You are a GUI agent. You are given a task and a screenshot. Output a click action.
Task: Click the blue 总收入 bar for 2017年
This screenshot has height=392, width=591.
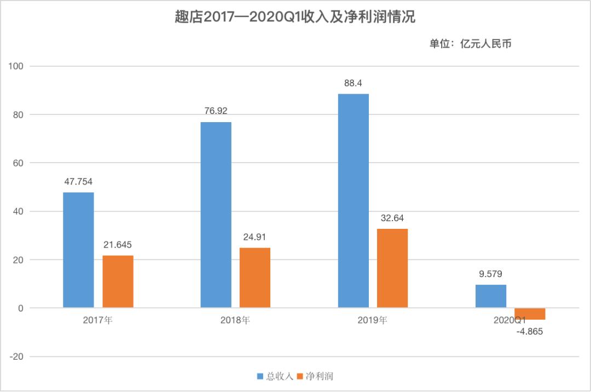[x=78, y=250]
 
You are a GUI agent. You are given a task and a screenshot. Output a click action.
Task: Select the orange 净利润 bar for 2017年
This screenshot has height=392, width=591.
[x=118, y=281]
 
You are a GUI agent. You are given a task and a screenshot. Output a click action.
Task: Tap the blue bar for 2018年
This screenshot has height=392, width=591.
[x=216, y=215]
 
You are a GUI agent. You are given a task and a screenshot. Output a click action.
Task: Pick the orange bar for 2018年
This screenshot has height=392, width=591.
[x=255, y=278]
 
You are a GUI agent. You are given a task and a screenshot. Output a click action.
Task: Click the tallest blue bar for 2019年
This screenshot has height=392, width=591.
[x=353, y=200]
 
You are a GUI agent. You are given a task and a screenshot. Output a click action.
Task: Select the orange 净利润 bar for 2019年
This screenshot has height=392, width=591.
[x=392, y=268]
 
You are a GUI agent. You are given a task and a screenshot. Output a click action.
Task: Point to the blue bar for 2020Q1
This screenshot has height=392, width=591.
[x=491, y=296]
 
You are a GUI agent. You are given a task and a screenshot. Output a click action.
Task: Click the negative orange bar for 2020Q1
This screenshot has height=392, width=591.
[x=530, y=314]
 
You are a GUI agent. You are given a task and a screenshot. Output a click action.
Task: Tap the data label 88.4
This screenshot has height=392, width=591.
[x=353, y=83]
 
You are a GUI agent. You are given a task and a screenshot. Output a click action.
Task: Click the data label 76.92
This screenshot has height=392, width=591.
[x=216, y=111]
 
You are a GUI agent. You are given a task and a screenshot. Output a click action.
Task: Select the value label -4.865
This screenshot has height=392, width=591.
[x=530, y=331]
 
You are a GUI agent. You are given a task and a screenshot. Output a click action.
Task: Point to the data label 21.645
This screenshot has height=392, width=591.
[x=118, y=245]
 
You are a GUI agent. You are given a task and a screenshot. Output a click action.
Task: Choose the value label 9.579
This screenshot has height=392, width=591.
[x=491, y=274]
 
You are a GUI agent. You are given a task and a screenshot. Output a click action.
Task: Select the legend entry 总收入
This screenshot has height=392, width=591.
[x=275, y=376]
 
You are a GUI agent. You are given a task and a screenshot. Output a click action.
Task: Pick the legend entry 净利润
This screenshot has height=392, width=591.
[x=316, y=376]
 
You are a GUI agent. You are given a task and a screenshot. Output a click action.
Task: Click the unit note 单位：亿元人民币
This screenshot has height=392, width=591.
[x=470, y=44]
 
